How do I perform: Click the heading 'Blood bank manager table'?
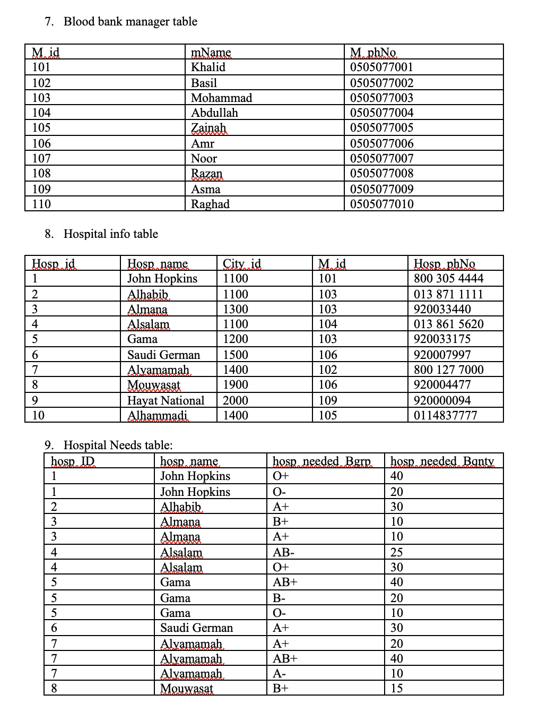(130, 22)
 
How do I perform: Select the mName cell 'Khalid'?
(208, 67)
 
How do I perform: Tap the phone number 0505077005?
(381, 128)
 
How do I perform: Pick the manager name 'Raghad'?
(210, 204)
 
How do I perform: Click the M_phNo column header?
(373, 53)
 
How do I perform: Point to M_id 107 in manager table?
(41, 159)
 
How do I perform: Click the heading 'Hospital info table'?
(110, 234)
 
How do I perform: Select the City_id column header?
(241, 264)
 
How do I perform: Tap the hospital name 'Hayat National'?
(166, 401)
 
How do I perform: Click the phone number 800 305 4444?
(448, 279)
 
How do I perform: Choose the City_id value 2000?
(235, 401)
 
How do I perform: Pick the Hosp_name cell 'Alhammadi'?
(158, 416)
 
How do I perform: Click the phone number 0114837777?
(445, 416)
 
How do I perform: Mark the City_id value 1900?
(235, 385)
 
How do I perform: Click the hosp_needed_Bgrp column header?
(321, 461)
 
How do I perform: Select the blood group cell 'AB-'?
(283, 553)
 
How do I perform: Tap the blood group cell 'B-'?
(279, 598)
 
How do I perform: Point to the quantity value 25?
(396, 553)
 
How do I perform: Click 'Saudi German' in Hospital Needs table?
(196, 628)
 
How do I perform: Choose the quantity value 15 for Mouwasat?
(396, 689)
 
